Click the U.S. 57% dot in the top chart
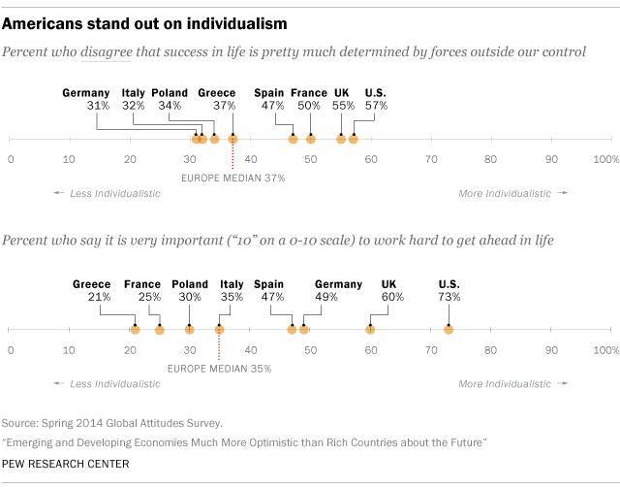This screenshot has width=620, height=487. point(354,139)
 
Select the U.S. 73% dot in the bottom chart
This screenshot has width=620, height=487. point(448,330)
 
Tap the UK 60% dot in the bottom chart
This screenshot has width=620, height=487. point(370,330)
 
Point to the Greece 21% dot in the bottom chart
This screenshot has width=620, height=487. point(135,330)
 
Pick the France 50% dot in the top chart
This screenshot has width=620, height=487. point(311,139)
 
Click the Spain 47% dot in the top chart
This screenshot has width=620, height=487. point(293,139)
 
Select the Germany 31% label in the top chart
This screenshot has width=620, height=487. point(85,100)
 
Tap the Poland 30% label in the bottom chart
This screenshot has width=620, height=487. point(190,291)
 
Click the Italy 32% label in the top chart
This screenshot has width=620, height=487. point(134,100)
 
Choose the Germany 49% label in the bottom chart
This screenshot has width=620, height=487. point(338,291)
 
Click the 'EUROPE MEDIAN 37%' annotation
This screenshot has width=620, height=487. point(233,179)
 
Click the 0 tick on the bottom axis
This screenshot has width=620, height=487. point(11,348)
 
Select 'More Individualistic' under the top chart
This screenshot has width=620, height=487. point(508,193)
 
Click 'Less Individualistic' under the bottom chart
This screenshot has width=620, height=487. point(114,384)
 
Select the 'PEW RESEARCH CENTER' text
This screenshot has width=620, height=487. point(66,464)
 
